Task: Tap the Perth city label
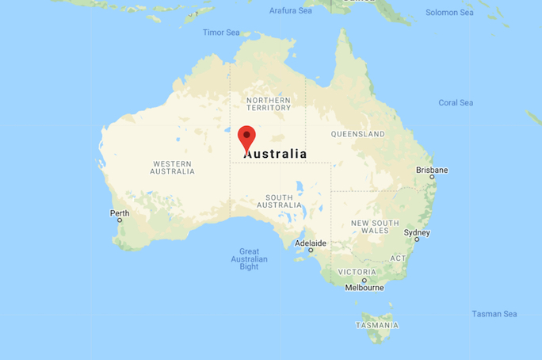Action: [120, 213]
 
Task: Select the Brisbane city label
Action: [432, 170]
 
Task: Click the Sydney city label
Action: [417, 233]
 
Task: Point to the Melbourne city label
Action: [365, 287]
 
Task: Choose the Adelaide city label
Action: [310, 243]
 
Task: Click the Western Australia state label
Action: [173, 167]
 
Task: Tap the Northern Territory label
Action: [268, 104]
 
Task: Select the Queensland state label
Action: [357, 134]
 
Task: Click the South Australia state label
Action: [279, 201]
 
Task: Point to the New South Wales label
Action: [375, 226]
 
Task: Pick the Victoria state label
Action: [357, 271]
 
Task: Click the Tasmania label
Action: [377, 325]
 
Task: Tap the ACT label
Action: [398, 259]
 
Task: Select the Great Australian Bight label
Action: [249, 259]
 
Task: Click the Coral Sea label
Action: [456, 103]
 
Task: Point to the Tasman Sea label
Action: [494, 314]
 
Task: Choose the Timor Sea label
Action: [221, 33]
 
